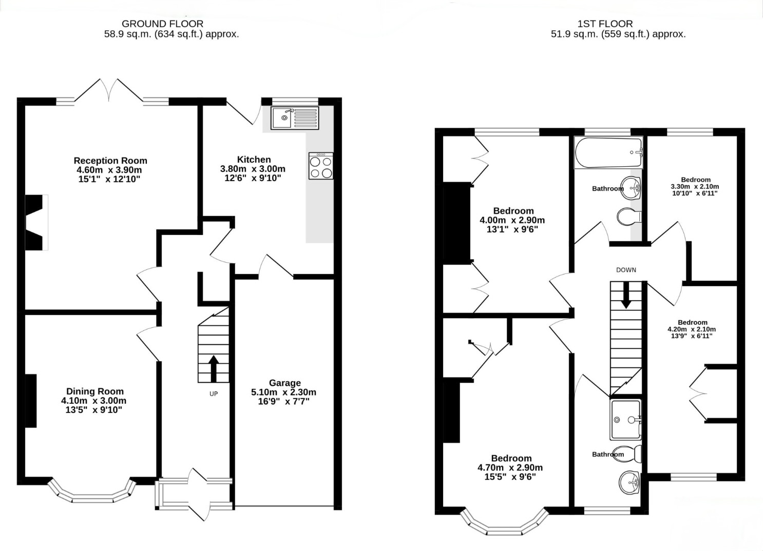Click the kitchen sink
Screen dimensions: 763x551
click(295, 118)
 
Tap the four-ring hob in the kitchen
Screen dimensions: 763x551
click(321, 166)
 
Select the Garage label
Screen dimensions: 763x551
click(285, 383)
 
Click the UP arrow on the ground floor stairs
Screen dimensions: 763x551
click(214, 368)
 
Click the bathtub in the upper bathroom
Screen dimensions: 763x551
click(608, 152)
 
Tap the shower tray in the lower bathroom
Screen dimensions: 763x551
click(626, 420)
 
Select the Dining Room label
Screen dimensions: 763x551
click(94, 391)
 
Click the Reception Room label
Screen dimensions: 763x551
click(110, 161)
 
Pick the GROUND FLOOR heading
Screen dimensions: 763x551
click(162, 24)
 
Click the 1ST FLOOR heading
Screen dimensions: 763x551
click(605, 24)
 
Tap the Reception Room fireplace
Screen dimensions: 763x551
click(36, 223)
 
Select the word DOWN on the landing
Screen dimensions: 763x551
click(626, 270)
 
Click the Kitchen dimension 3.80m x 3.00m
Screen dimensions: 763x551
click(253, 169)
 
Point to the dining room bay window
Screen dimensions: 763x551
click(91, 492)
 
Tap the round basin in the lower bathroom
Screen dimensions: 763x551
click(630, 482)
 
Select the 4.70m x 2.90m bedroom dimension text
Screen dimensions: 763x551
click(510, 467)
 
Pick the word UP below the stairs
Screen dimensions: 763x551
click(214, 394)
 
